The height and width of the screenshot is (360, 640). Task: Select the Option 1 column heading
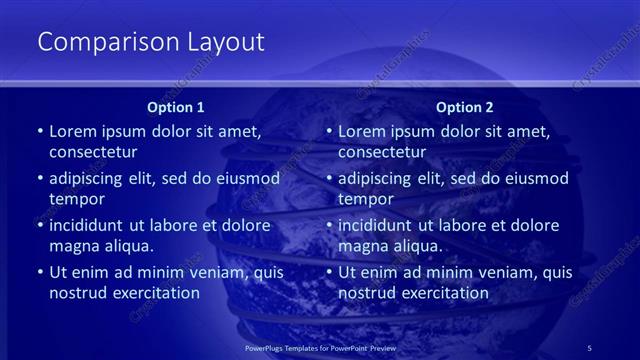coord(176,107)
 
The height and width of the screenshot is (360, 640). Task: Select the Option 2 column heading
coord(465,107)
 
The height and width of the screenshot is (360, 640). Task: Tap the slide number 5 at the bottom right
coord(590,347)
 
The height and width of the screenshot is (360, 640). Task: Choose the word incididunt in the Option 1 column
coord(89,225)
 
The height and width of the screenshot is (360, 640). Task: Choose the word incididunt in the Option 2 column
coord(378,225)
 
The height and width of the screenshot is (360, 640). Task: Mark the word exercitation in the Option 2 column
coord(441,294)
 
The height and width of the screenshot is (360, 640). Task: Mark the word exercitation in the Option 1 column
coord(152,294)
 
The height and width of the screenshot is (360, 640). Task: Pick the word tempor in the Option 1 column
coord(74,200)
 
